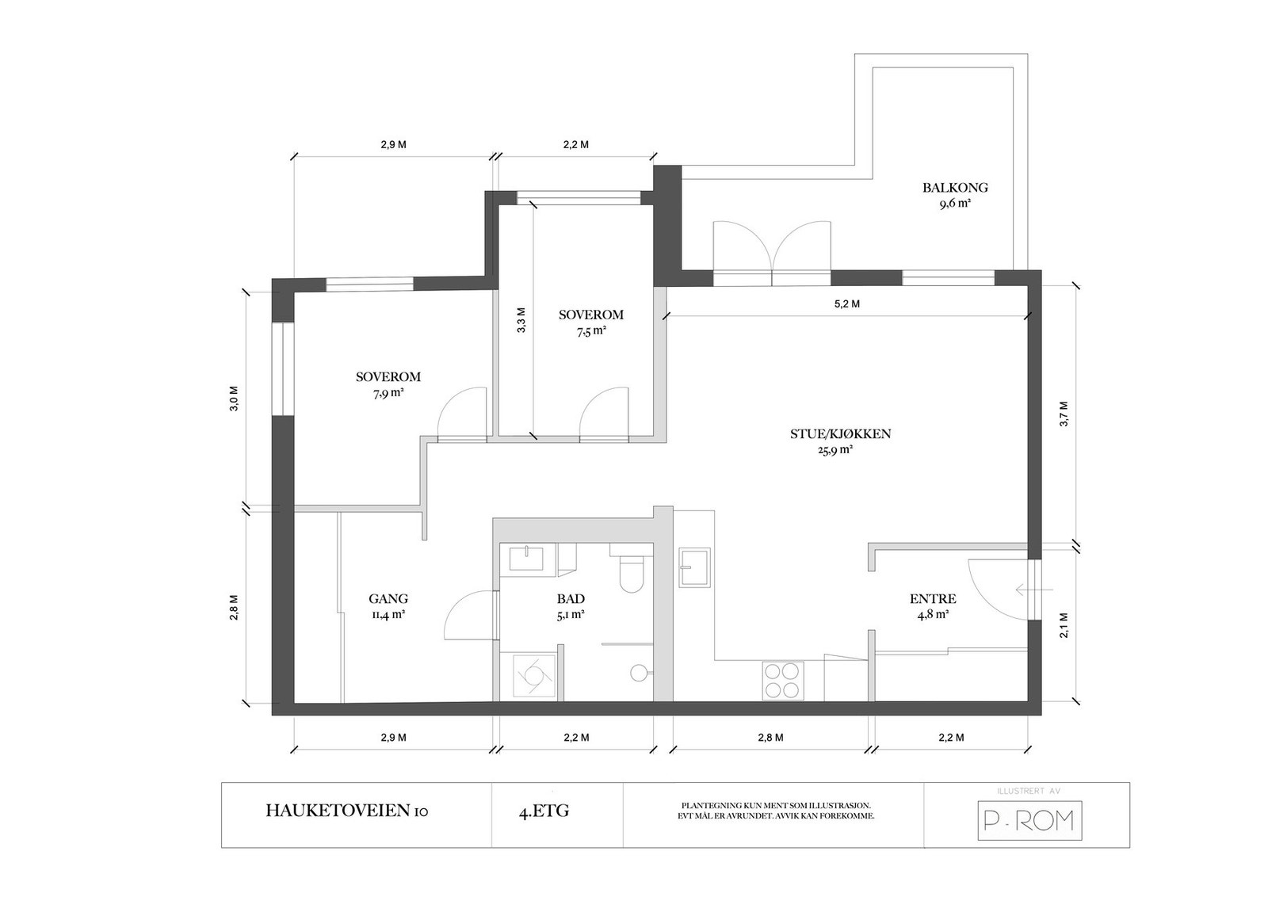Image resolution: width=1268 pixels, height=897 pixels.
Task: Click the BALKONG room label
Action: (x=955, y=188)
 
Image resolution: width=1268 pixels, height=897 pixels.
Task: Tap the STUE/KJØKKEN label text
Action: (x=841, y=434)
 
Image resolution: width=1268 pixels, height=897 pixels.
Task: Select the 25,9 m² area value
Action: (x=835, y=450)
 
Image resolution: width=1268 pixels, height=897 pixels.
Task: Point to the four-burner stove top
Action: (x=783, y=681)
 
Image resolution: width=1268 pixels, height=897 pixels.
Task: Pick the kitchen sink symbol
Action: (x=694, y=567)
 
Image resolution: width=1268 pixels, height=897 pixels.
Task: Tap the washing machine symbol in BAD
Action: (x=534, y=675)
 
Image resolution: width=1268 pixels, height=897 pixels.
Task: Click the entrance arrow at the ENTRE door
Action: (x=1034, y=590)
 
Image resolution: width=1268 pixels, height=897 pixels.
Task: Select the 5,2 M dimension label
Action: (x=847, y=304)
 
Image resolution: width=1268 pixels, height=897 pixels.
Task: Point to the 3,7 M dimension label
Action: (x=1064, y=414)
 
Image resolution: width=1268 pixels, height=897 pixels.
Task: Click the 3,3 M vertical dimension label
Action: (x=521, y=320)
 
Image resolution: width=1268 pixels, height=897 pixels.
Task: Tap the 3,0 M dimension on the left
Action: (x=234, y=399)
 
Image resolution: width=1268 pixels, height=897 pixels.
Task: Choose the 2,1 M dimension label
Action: (x=1064, y=625)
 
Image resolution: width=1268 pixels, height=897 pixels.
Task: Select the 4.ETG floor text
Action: (x=544, y=811)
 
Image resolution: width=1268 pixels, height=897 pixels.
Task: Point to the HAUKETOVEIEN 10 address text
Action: (x=347, y=811)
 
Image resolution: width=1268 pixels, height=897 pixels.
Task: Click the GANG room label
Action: (x=388, y=598)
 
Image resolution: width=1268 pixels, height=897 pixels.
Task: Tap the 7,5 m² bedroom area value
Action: (x=591, y=332)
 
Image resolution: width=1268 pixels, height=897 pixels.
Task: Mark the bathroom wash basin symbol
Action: (x=526, y=559)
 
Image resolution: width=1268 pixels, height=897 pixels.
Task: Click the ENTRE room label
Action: (x=933, y=598)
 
